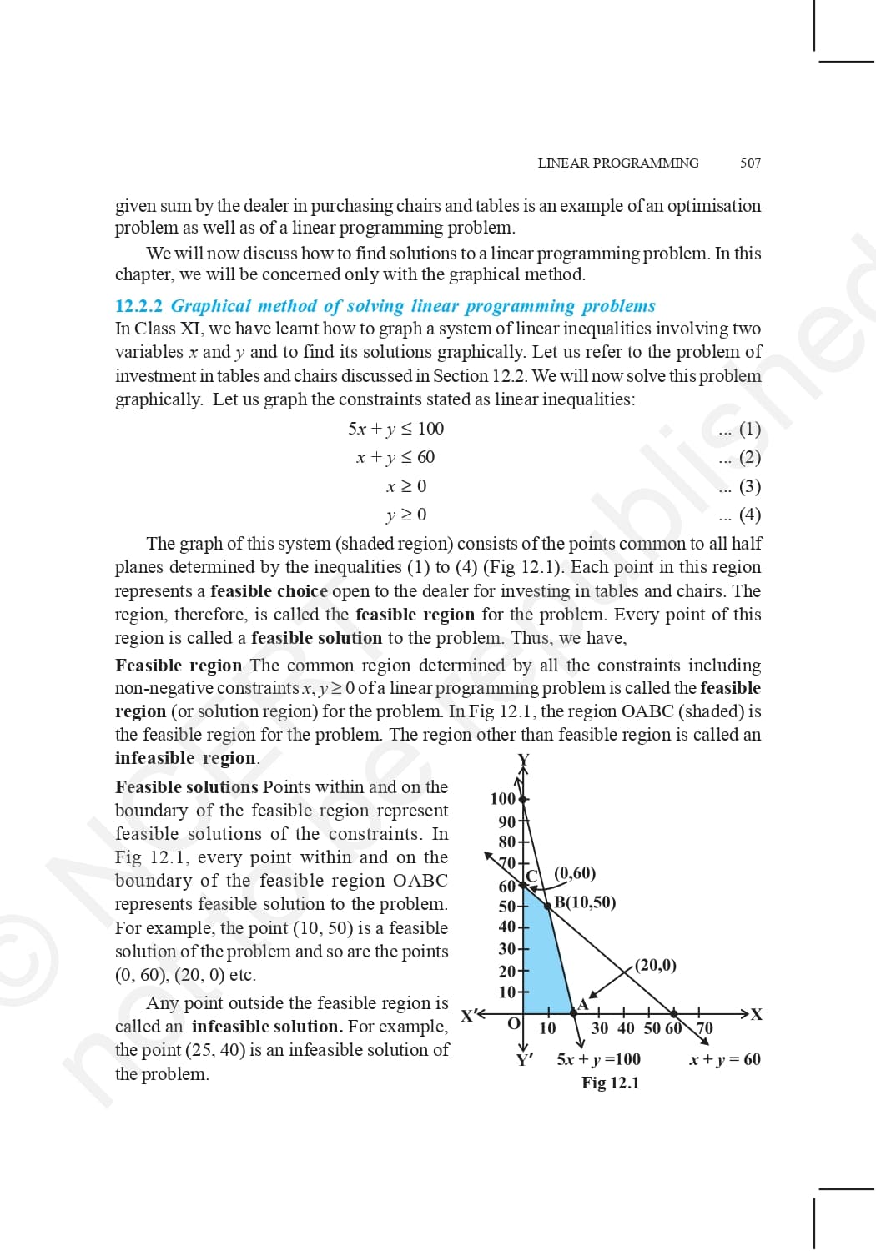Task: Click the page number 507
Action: pos(750,163)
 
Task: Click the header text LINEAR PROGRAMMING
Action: pos(618,163)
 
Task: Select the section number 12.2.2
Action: pos(138,306)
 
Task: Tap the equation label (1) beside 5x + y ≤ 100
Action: pos(750,429)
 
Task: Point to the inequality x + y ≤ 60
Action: pos(395,457)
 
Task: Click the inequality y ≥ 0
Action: pos(406,515)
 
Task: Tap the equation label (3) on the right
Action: pos(750,486)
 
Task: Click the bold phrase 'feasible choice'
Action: pos(269,591)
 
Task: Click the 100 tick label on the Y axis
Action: pos(502,799)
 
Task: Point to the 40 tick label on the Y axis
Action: pos(506,927)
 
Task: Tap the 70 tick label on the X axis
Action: pos(705,1028)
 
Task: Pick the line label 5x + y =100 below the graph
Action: pos(599,1059)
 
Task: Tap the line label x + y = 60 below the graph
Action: pos(725,1059)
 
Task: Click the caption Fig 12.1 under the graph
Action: pos(611,1083)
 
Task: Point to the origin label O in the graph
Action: pos(514,1023)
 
